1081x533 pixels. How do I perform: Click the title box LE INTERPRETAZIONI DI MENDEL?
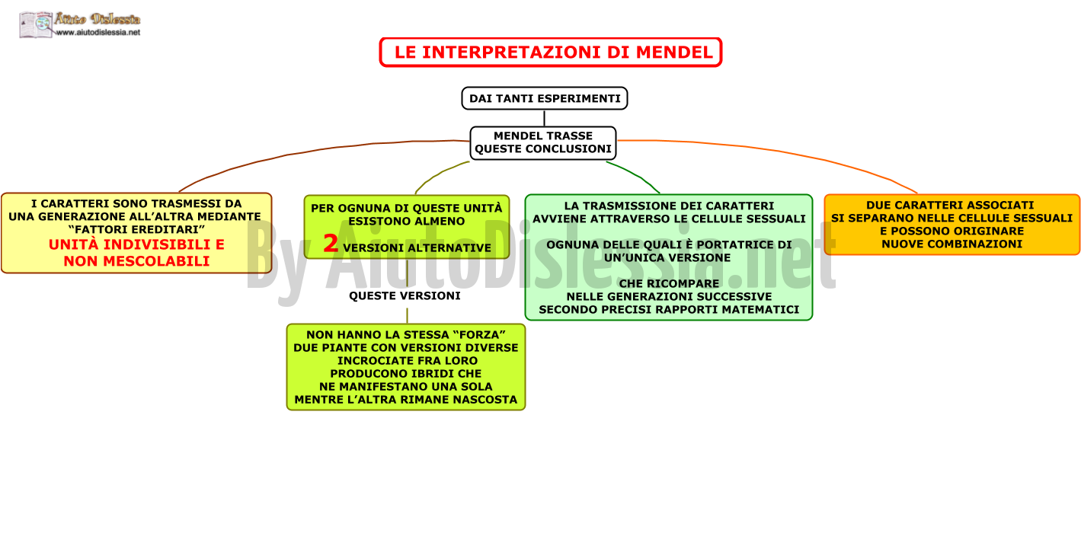click(551, 52)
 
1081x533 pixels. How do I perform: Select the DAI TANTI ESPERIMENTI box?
click(545, 98)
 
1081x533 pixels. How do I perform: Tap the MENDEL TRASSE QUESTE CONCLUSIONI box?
click(543, 143)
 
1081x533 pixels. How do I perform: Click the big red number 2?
click(331, 243)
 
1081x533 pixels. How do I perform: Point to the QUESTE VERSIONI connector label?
click(405, 295)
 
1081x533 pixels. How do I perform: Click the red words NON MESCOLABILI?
click(136, 261)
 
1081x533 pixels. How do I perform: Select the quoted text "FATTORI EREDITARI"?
click(136, 229)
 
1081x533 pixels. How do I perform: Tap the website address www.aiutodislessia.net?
click(98, 32)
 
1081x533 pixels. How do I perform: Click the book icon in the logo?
click(35, 25)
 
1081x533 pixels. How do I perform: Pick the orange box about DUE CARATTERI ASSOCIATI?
click(951, 225)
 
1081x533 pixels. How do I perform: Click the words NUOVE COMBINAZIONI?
click(951, 244)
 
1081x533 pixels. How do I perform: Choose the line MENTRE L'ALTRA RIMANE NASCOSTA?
click(406, 400)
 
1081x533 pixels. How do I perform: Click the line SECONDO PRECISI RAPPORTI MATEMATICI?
click(669, 310)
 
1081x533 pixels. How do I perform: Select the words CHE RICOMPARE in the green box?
click(669, 283)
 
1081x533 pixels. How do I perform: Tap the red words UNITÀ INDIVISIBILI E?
click(136, 244)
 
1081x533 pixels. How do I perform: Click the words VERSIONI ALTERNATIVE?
click(417, 248)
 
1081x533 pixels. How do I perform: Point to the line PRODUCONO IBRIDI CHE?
click(406, 374)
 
